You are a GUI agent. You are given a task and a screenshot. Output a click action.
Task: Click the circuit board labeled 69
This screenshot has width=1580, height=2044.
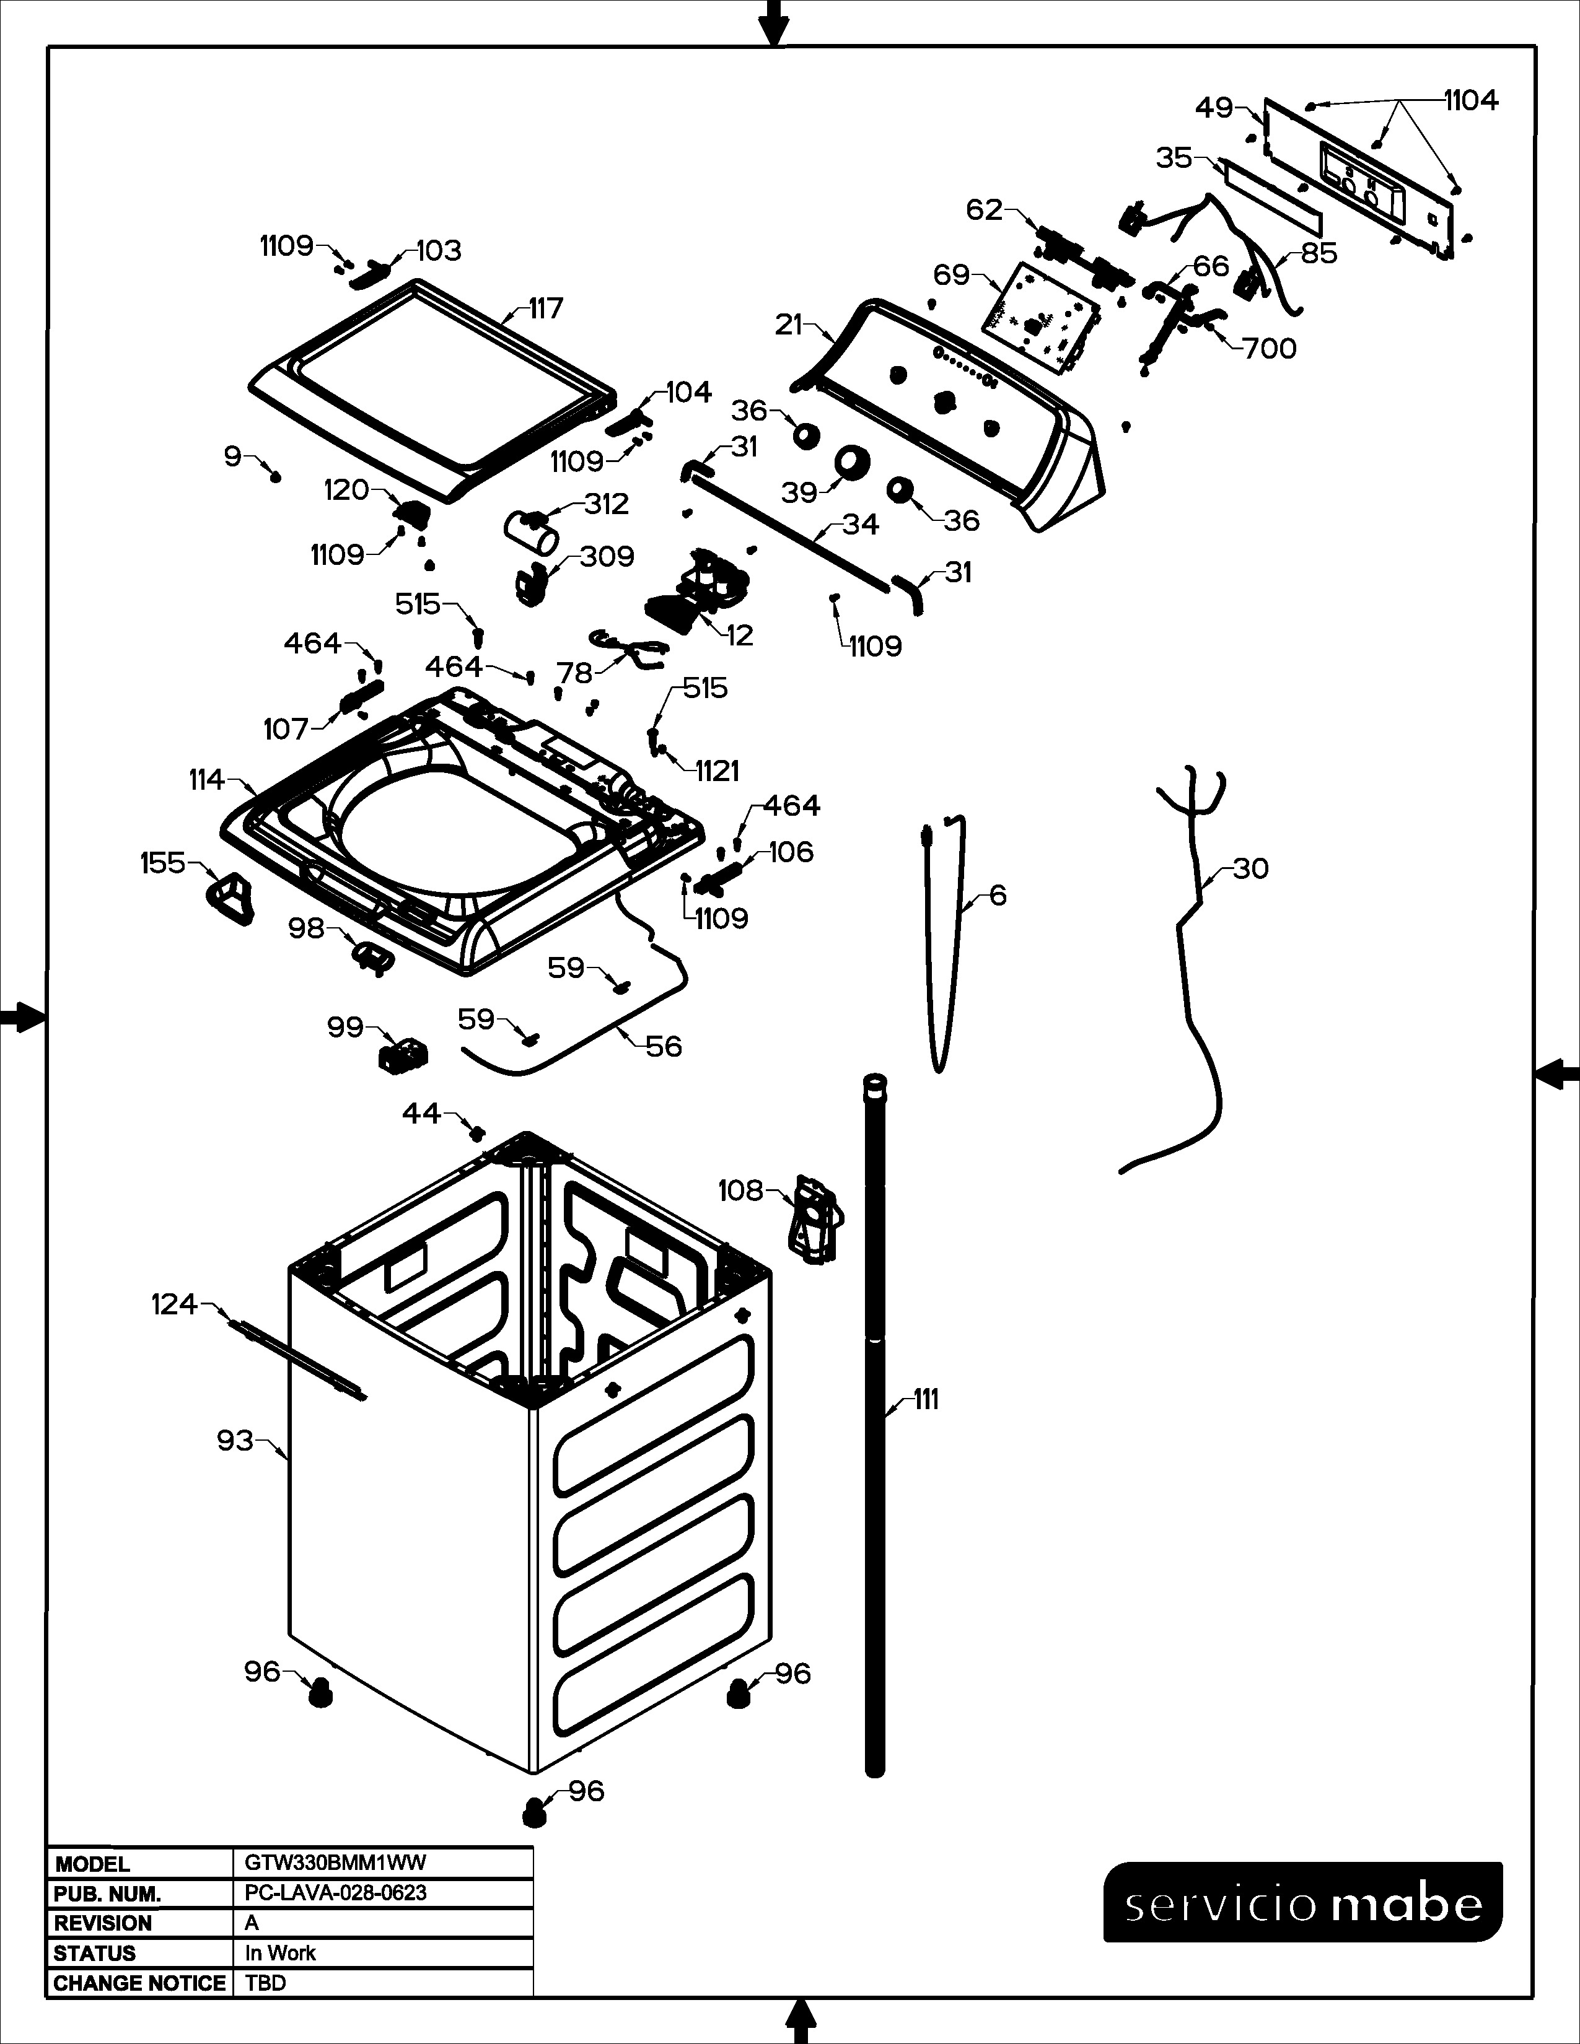point(1039,317)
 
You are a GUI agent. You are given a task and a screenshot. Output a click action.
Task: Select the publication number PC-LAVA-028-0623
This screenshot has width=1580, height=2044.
point(335,1892)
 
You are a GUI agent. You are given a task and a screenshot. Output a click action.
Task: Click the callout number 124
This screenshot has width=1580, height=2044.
point(175,1304)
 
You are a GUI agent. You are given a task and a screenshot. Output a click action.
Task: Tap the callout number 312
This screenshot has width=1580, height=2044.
point(607,504)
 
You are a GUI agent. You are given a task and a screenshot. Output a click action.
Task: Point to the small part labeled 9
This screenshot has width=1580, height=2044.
point(275,476)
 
